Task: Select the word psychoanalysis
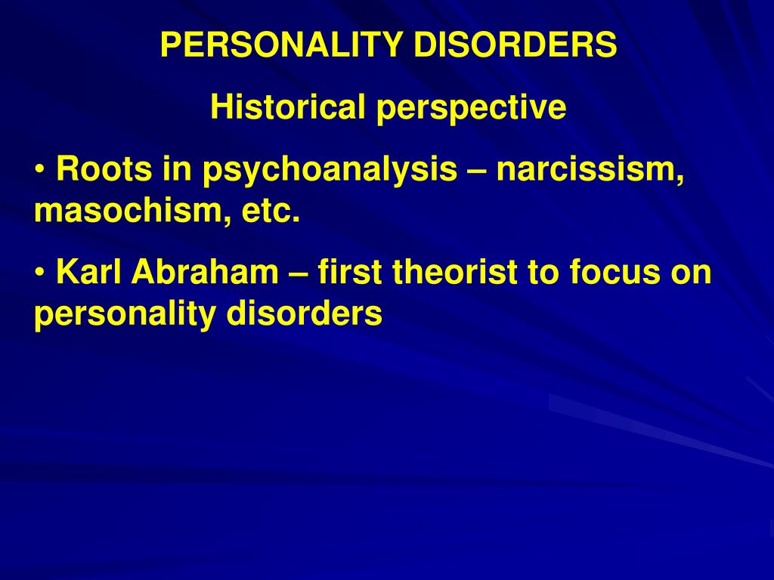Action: (x=330, y=170)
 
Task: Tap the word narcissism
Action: (x=590, y=168)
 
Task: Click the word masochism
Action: (x=132, y=211)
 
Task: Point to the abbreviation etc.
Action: (x=271, y=212)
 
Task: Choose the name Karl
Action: (x=89, y=271)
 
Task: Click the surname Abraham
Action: (x=205, y=271)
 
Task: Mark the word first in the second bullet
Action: (x=350, y=271)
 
